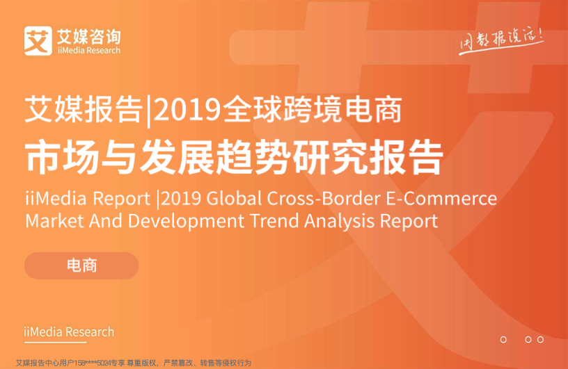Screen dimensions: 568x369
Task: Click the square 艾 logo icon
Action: (x=38, y=40)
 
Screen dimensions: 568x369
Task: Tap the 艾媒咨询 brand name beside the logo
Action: (x=89, y=37)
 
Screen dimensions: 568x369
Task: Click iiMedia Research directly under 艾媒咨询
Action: (x=89, y=50)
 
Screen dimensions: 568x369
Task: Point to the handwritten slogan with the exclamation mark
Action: (x=502, y=41)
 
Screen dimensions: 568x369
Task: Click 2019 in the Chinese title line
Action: (x=187, y=110)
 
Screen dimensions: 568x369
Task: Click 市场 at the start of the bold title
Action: (x=61, y=157)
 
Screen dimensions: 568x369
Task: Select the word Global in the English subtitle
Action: (x=234, y=198)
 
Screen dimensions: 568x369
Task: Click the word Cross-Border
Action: (x=324, y=198)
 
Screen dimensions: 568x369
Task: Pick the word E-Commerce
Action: (x=441, y=198)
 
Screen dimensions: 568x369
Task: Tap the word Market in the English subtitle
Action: (x=54, y=221)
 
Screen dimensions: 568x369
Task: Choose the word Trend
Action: (x=274, y=221)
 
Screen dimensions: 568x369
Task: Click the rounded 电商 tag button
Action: (x=81, y=265)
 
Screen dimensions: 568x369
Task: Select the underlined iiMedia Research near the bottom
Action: (x=69, y=332)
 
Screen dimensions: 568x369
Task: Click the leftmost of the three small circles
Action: (x=503, y=339)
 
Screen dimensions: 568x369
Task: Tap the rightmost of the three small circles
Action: (x=540, y=339)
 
